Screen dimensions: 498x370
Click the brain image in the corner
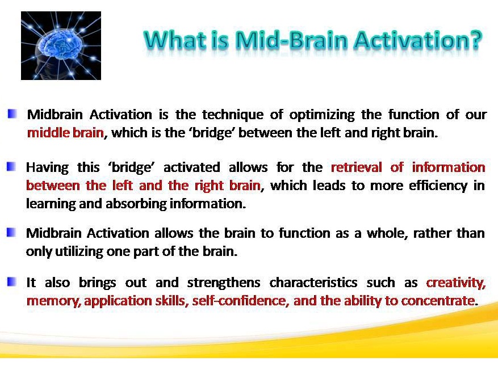point(61,45)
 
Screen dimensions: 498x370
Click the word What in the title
point(175,41)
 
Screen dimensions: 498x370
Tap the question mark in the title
point(475,41)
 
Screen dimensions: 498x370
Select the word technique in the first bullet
point(233,115)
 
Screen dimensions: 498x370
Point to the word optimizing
point(322,115)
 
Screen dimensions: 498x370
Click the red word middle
point(48,133)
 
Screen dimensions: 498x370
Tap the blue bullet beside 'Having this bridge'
point(11,166)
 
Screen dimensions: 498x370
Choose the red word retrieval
point(357,167)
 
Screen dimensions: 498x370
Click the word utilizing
point(79,252)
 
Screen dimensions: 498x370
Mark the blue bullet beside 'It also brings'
point(11,281)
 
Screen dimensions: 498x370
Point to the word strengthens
point(224,283)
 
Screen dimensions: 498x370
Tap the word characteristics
point(313,283)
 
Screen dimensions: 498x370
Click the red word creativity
point(456,283)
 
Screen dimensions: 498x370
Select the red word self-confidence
point(240,301)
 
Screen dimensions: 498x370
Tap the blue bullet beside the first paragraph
point(12,113)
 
